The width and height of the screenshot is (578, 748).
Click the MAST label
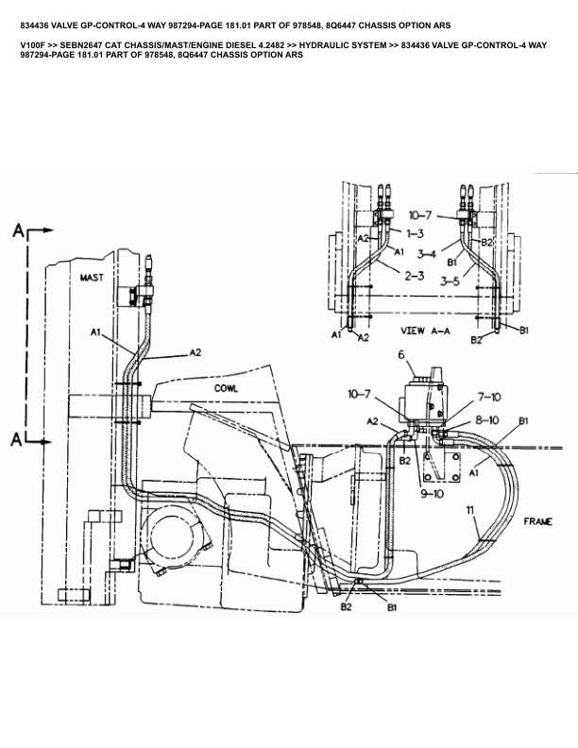click(91, 277)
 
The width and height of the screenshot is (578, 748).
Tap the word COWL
click(226, 388)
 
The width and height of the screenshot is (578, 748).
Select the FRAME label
click(538, 521)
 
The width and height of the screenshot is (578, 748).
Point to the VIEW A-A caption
click(425, 331)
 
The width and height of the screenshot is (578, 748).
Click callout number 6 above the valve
click(401, 355)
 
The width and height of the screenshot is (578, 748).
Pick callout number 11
click(470, 510)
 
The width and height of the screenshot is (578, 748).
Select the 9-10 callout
click(432, 494)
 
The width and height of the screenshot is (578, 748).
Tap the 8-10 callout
click(486, 419)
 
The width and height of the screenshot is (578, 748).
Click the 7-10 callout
click(489, 397)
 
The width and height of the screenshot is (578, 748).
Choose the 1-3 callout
click(415, 233)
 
